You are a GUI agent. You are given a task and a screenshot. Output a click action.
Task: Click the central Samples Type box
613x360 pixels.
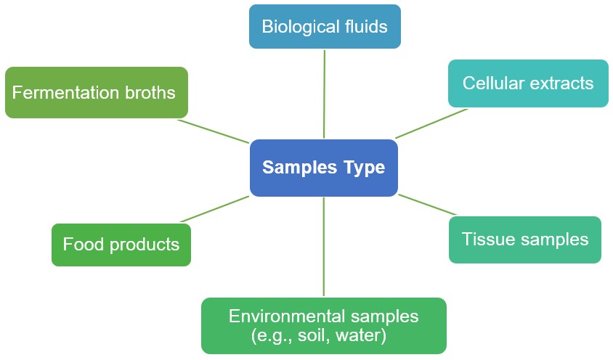(323, 168)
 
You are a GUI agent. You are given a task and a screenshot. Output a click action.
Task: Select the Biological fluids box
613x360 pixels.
(325, 27)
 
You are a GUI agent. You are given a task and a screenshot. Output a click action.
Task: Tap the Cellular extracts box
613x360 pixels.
(528, 83)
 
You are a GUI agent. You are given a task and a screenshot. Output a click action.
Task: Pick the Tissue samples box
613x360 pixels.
(525, 240)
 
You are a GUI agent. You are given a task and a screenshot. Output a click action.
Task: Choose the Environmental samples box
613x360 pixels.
(324, 326)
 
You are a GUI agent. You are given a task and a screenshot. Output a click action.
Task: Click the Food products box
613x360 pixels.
(121, 245)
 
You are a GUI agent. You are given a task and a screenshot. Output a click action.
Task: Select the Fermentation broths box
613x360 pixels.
(96, 93)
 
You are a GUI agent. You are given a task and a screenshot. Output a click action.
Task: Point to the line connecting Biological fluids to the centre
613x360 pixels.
(324, 93)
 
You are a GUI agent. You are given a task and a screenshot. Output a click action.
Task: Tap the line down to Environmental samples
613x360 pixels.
(324, 247)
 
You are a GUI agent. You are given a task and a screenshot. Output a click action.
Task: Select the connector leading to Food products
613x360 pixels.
(215, 209)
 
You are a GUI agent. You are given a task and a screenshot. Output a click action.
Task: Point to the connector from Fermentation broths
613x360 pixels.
(214, 131)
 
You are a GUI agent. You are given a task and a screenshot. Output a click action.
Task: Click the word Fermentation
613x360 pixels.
(65, 93)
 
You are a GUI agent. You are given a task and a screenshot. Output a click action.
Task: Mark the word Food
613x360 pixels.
(81, 245)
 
